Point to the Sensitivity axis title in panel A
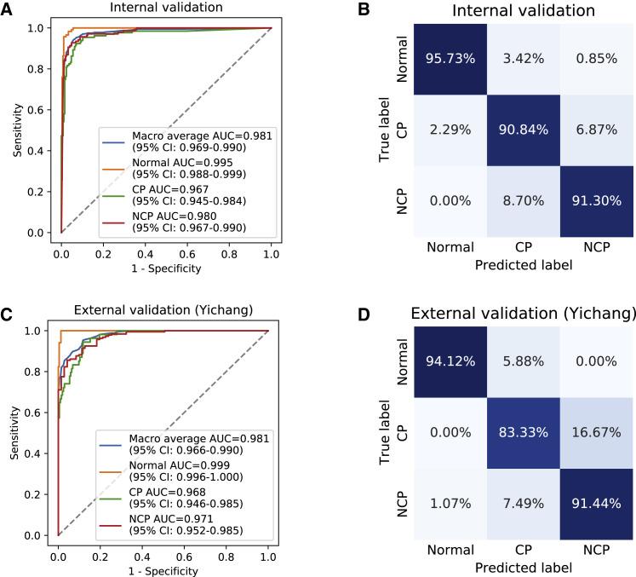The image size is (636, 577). (17, 130)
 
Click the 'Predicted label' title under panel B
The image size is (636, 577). (522, 265)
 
